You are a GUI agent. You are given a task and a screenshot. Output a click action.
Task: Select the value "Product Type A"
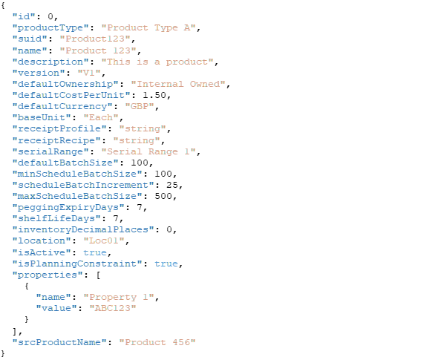point(149,27)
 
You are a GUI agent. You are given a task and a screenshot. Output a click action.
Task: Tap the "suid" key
point(30,39)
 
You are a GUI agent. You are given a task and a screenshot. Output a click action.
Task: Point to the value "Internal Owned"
point(178,84)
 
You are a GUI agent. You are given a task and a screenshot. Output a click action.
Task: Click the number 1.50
point(154,95)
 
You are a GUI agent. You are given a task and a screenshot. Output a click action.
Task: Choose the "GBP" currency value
point(140,106)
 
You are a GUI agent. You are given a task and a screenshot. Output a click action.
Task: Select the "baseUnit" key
point(42,117)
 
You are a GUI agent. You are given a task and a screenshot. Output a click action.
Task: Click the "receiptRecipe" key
point(57,140)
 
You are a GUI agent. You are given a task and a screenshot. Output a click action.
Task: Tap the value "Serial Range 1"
point(149,151)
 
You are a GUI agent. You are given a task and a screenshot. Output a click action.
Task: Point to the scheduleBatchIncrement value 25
point(172,185)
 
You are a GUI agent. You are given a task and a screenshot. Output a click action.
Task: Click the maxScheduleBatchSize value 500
point(163,196)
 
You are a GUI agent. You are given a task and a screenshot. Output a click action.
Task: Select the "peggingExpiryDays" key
point(69,208)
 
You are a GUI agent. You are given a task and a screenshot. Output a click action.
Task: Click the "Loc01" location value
point(104,240)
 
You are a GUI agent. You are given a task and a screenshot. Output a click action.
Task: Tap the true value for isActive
point(95,252)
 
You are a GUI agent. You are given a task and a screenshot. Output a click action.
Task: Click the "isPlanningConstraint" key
point(78,264)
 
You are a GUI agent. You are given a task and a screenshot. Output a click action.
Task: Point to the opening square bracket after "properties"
point(98,275)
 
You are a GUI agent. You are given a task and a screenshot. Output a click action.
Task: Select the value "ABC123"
point(113,308)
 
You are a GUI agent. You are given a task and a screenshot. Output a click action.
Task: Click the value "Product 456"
point(157,342)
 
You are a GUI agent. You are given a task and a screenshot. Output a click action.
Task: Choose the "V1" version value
point(89,73)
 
